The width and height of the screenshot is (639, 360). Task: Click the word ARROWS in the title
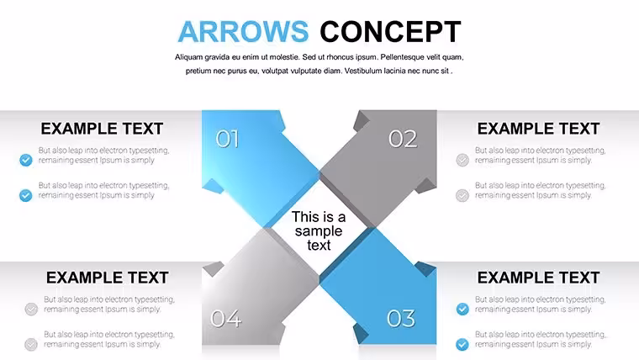click(x=243, y=31)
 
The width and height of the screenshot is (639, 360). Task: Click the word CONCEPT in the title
click(x=390, y=31)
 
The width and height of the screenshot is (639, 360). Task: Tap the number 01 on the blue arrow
click(x=227, y=139)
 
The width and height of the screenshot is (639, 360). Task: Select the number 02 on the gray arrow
click(x=403, y=139)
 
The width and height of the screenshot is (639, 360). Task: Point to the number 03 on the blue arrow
click(x=401, y=319)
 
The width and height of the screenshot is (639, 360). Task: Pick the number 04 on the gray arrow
click(x=226, y=319)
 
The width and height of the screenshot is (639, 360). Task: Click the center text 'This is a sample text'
click(x=319, y=230)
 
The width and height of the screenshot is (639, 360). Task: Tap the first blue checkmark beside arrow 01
click(x=26, y=160)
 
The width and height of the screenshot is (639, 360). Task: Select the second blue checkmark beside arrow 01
click(x=26, y=195)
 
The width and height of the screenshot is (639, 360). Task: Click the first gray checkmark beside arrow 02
click(x=462, y=160)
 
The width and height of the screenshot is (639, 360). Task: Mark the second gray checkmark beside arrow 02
click(x=462, y=195)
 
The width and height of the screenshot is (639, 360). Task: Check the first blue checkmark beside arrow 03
click(x=462, y=309)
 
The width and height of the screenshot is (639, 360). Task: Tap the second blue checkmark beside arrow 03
click(x=462, y=345)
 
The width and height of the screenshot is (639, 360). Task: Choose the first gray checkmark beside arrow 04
click(x=31, y=309)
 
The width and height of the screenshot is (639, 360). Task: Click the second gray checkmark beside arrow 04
click(x=31, y=345)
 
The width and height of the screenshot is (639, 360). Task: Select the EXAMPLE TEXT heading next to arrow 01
click(x=102, y=129)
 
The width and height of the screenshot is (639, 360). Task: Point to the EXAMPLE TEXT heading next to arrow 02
click(x=538, y=129)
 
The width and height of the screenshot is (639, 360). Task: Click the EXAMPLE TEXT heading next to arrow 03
click(x=538, y=278)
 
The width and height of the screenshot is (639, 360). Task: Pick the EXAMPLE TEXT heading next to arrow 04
click(x=107, y=278)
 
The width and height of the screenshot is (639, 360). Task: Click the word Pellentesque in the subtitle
click(x=402, y=57)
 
